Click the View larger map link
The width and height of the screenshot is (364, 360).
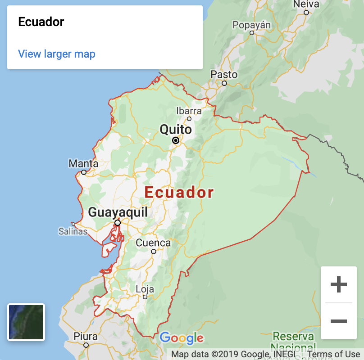coord(57,54)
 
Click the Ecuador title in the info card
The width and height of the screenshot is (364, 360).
coord(41,22)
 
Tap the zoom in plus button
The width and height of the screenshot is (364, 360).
coord(339,284)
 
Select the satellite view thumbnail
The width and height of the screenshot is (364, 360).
coord(26,322)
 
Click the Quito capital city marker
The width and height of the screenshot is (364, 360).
coord(176,140)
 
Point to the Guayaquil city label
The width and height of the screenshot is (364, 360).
coord(118,212)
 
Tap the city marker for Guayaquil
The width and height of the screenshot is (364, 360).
coord(118,223)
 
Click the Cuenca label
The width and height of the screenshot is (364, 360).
coord(153,243)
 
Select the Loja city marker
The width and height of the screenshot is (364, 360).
coord(145,297)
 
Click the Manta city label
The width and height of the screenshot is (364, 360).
coord(83,163)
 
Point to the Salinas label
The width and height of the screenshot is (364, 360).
coord(73,232)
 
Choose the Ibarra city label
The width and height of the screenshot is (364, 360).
coord(189,111)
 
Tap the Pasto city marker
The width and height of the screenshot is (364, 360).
coord(224,83)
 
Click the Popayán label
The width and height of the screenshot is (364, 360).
coord(252,25)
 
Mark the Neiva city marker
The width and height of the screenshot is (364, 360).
coord(306,13)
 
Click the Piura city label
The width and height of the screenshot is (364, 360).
coord(86,336)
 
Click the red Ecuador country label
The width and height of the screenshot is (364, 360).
coord(179,193)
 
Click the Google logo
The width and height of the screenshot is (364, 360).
coord(182,338)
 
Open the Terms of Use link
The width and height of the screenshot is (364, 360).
coord(333,354)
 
